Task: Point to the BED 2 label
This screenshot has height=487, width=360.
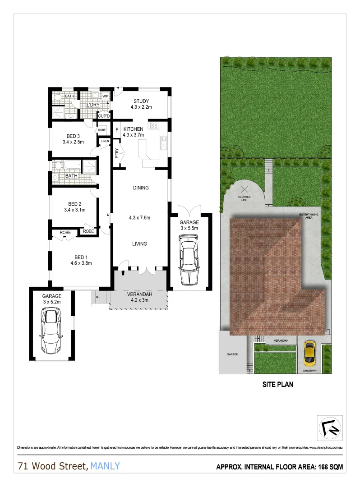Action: (74, 207)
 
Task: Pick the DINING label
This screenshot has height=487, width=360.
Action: (141, 188)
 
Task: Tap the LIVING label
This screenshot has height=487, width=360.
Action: (139, 244)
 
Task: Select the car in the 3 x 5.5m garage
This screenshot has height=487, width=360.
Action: (189, 262)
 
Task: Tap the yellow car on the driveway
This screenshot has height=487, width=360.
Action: (309, 353)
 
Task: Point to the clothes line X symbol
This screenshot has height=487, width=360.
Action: (244, 189)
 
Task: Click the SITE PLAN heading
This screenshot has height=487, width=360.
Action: (278, 385)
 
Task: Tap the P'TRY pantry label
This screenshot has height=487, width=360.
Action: (117, 154)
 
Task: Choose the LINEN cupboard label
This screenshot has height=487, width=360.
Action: (105, 141)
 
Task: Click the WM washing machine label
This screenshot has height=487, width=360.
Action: (105, 96)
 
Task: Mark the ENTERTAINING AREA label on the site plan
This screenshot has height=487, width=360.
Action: (309, 216)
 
